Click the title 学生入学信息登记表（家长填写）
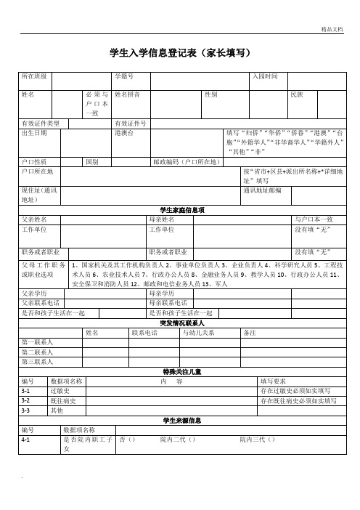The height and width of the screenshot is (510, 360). pyautogui.click(x=180, y=53)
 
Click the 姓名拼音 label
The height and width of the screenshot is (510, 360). pyautogui.click(x=127, y=95)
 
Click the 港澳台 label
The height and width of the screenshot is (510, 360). pyautogui.click(x=123, y=133)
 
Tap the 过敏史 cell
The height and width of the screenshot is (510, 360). pyautogui.click(x=60, y=391)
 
